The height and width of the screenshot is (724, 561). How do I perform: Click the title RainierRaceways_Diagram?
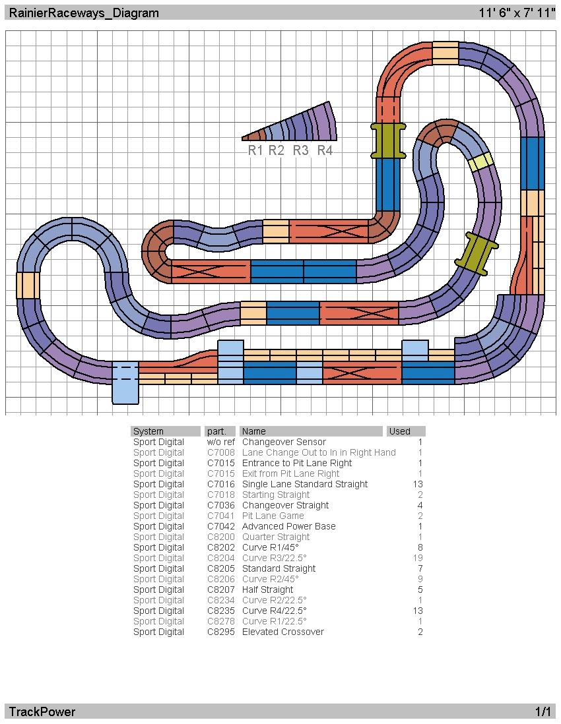84,13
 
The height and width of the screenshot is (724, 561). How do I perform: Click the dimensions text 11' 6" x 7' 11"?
517,13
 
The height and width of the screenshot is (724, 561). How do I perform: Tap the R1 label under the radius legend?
255,150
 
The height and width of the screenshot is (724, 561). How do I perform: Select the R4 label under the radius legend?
325,150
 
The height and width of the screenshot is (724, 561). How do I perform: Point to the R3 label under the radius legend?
300,150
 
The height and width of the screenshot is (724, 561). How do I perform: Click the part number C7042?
221,526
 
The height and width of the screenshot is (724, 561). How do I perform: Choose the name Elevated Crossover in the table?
283,632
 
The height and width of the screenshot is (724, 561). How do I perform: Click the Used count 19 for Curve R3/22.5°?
418,558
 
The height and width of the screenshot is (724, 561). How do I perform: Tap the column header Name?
253,431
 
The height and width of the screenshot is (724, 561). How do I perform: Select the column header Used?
400,431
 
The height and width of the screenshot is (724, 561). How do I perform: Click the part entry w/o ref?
221,442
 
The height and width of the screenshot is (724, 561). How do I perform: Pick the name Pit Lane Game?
273,516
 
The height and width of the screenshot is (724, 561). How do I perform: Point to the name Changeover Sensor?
284,442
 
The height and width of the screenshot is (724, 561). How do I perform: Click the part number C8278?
221,622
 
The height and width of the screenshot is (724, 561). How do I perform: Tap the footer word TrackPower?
42,711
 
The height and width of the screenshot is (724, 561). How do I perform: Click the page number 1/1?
543,711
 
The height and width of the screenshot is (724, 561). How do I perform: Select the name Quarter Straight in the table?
276,537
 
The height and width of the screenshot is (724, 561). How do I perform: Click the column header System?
148,431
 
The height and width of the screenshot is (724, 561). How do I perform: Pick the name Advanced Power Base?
289,526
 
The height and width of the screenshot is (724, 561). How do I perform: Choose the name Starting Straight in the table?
276,495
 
